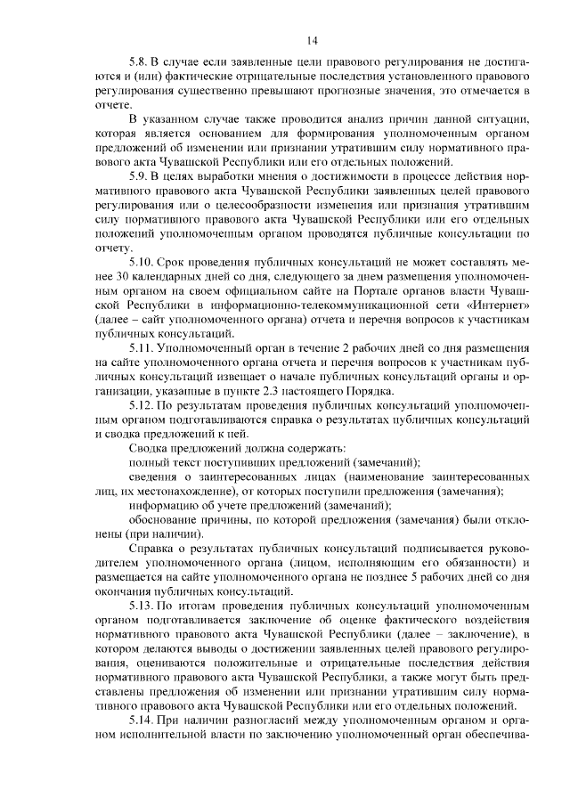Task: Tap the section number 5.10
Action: pos(142,265)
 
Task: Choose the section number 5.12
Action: pos(142,406)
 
